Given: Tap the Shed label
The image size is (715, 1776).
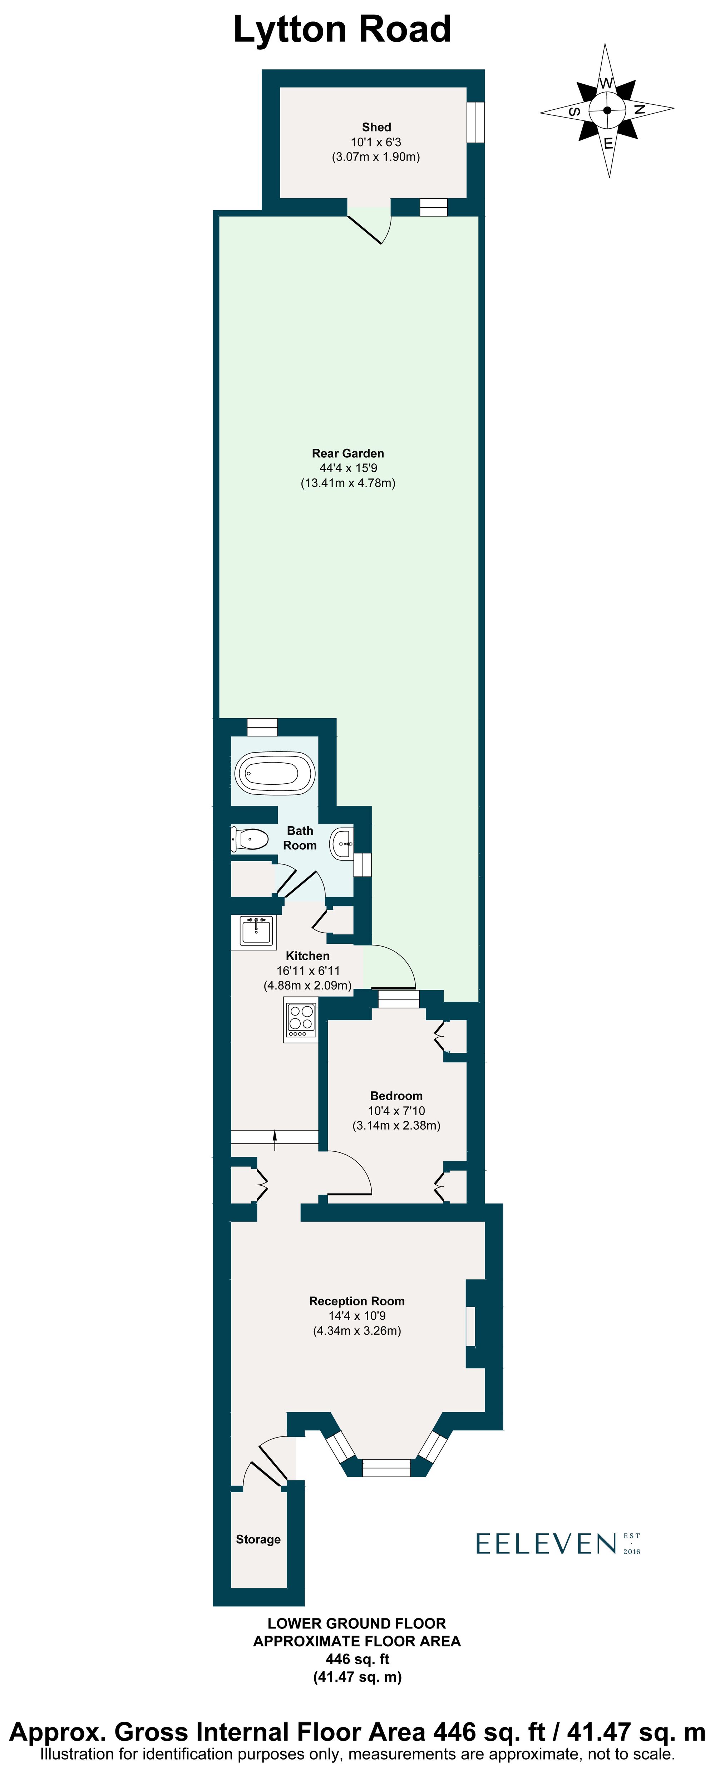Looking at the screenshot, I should [x=376, y=127].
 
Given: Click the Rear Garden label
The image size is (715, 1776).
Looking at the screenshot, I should [x=347, y=453].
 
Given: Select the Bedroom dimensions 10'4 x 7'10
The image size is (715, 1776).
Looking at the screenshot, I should [x=396, y=1111].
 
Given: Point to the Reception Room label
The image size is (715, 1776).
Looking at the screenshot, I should [x=356, y=1301].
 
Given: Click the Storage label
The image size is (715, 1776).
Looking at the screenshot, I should [x=258, y=1539].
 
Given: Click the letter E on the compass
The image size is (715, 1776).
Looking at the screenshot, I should [x=608, y=143].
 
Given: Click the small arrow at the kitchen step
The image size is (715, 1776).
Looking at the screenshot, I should [x=275, y=1139].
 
